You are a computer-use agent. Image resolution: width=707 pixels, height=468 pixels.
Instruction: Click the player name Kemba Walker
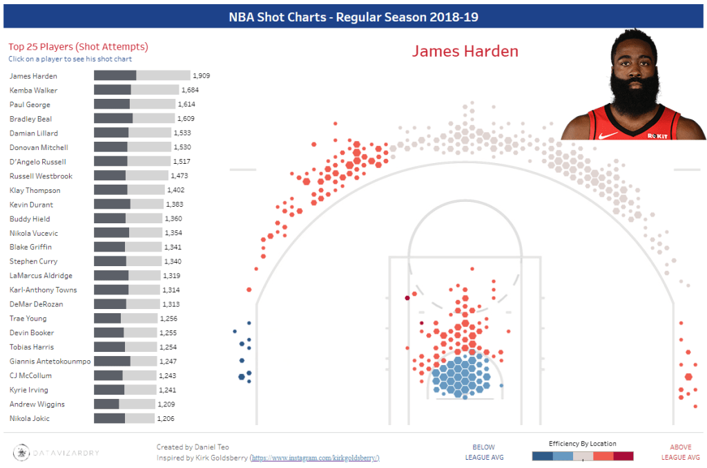33,91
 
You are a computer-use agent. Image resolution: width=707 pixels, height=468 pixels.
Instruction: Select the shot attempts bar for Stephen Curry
128,261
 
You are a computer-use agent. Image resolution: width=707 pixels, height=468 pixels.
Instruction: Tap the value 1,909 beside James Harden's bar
202,76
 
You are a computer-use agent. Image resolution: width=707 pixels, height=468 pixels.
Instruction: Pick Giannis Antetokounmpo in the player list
50,362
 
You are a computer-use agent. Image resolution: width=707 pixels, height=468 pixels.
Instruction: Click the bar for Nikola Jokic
124,418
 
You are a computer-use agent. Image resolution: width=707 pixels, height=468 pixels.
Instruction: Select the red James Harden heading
465,51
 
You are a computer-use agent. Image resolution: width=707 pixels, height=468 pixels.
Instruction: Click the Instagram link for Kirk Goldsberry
314,458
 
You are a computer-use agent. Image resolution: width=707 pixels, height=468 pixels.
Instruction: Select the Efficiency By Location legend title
582,444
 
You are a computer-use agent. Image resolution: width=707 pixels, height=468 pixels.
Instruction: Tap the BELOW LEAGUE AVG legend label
483,452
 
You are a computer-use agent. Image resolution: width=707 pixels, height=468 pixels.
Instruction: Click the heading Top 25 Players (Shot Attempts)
78,47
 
